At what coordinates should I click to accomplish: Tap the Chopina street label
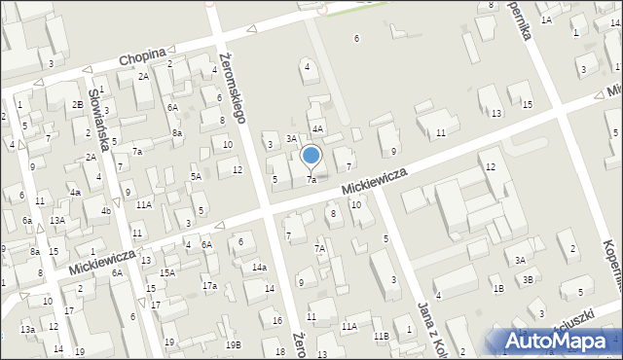coord(142,58)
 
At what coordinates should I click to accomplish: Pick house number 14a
coord(259,268)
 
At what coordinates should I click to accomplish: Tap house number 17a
coord(209,285)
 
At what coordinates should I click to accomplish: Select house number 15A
coord(167,273)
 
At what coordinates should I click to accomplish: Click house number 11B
coord(381,336)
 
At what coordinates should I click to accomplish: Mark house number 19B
coord(233,344)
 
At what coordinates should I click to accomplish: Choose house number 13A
coord(57,221)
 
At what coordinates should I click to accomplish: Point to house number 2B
coord(77,104)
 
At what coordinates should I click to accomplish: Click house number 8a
coord(176,132)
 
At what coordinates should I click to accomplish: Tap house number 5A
coord(196,176)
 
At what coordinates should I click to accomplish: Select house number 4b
coord(106,211)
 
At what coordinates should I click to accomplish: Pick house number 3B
coord(528,279)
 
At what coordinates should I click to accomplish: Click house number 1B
coord(497,288)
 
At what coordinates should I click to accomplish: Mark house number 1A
coord(546,19)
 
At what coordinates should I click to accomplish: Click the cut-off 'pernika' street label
coord(523,29)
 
